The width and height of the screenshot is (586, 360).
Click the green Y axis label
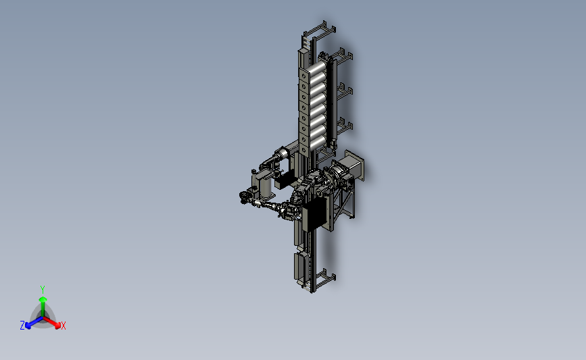42,290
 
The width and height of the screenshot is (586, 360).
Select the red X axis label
63,326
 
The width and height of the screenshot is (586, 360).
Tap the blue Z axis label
22,326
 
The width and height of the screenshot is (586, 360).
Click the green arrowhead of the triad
43,299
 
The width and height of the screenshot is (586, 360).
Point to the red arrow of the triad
51,323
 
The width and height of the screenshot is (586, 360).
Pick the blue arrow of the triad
34,323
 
